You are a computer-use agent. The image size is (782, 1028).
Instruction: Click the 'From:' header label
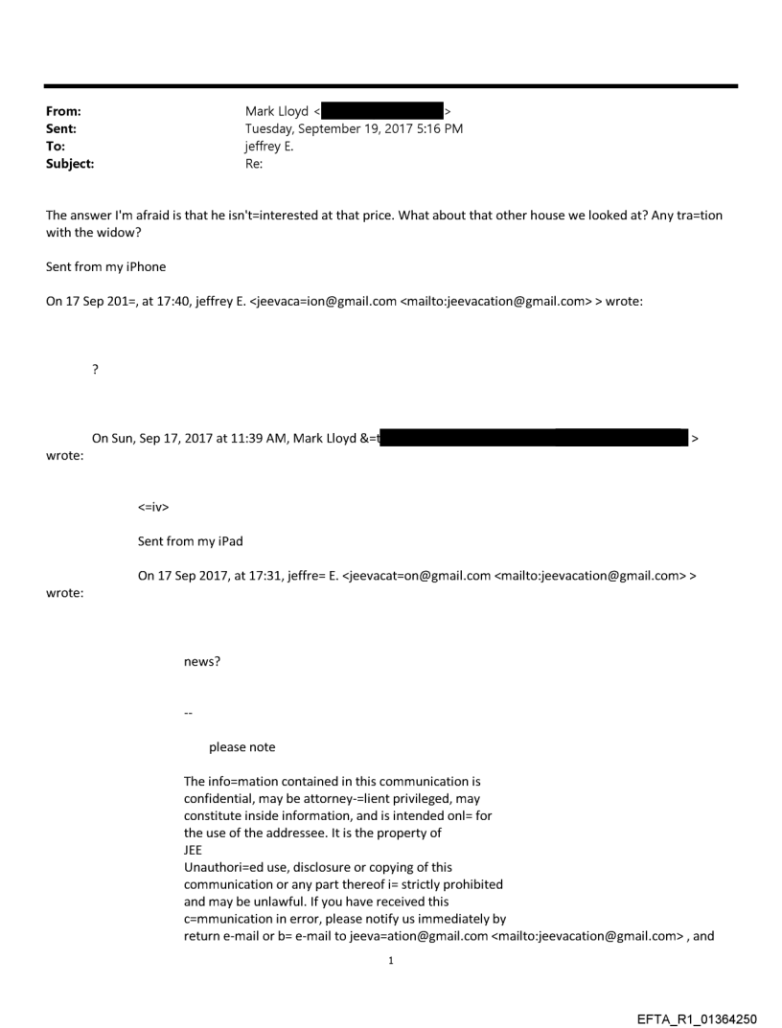pos(63,111)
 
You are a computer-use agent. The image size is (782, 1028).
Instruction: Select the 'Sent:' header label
pos(61,128)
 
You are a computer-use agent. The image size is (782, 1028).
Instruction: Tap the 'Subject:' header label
pos(70,163)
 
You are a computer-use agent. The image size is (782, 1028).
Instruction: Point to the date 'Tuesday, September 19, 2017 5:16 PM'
pos(354,128)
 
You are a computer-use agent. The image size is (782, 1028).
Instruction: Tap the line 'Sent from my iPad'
pos(190,541)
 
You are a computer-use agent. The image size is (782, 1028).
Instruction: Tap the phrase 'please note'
pos(241,747)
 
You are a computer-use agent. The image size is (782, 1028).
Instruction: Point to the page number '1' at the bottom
pos(391,960)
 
